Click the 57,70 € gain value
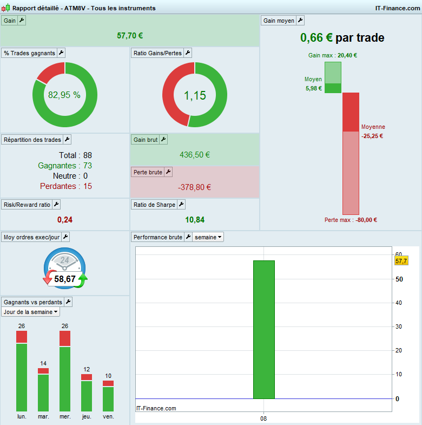point(130,36)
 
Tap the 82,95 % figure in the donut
point(64,95)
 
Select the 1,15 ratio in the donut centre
point(195,95)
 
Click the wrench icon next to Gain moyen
point(300,21)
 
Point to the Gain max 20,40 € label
point(333,55)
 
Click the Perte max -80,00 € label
point(351,220)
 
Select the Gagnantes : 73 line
point(65,166)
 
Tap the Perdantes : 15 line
point(66,186)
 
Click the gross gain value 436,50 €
point(195,155)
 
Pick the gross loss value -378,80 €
point(194,187)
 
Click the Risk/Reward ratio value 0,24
point(65,220)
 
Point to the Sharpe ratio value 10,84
point(195,220)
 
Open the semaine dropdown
point(208,237)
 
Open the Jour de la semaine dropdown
point(31,312)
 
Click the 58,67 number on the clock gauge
point(65,279)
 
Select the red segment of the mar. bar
point(43,371)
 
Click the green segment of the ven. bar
point(108,399)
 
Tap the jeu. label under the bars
point(87,416)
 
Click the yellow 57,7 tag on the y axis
point(401,261)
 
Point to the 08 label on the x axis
point(263,419)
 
